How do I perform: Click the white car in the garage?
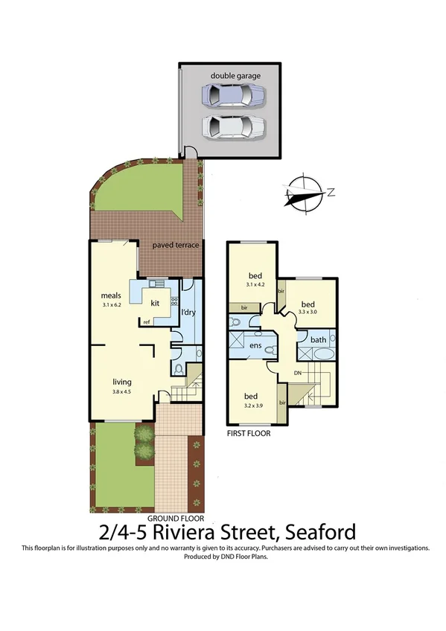point(232,126)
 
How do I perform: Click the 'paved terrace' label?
point(176,245)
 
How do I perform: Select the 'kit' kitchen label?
point(156,303)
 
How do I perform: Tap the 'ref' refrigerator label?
point(147,321)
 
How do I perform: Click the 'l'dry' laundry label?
point(188,313)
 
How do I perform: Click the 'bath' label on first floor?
point(319,339)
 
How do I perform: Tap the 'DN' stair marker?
point(297,372)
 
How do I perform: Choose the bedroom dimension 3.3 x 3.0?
point(308,312)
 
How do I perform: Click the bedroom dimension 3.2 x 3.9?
point(252,405)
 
